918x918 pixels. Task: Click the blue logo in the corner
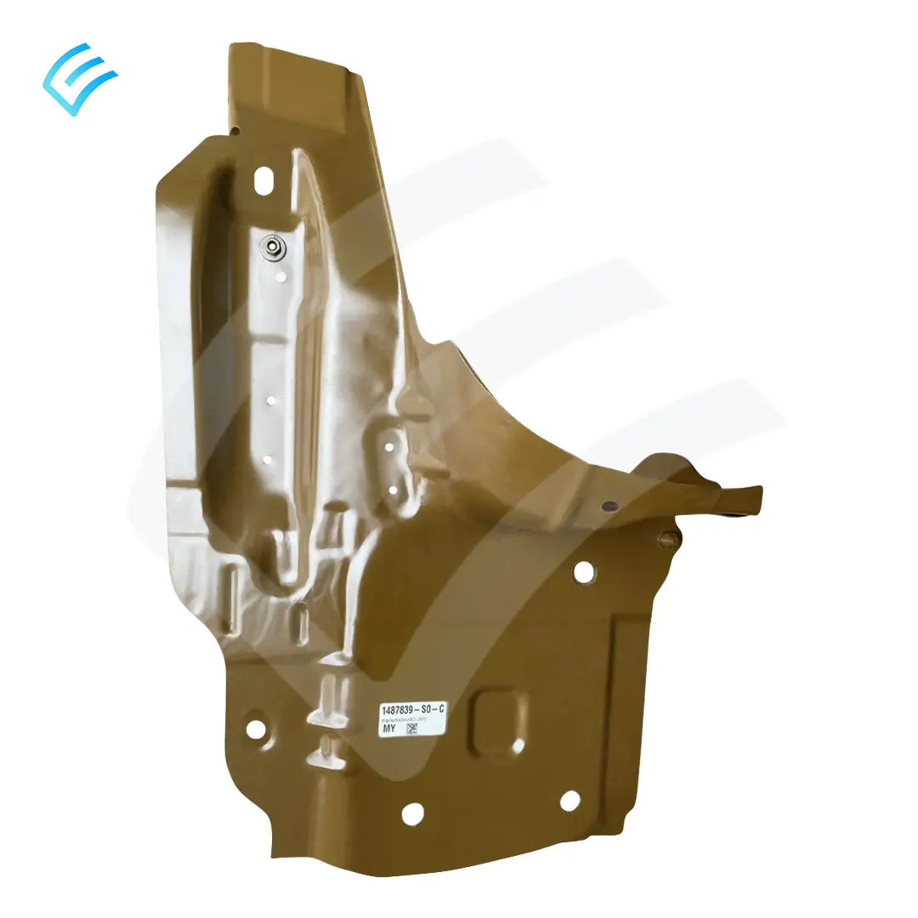79,78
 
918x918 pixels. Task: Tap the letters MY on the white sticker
388,728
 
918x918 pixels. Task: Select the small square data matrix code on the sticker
413,728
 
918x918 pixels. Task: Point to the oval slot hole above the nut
263,180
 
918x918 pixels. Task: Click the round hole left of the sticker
255,728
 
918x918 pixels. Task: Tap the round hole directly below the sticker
412,813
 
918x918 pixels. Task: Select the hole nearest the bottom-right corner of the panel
569,800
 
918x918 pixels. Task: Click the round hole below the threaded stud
584,572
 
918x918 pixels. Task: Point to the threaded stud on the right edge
668,537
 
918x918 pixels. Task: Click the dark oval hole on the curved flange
609,507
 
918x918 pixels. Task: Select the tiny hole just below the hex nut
279,275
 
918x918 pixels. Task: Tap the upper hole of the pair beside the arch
388,447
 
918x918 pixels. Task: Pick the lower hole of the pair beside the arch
393,490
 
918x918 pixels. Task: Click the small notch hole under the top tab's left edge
235,130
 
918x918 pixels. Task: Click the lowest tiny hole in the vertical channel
268,460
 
